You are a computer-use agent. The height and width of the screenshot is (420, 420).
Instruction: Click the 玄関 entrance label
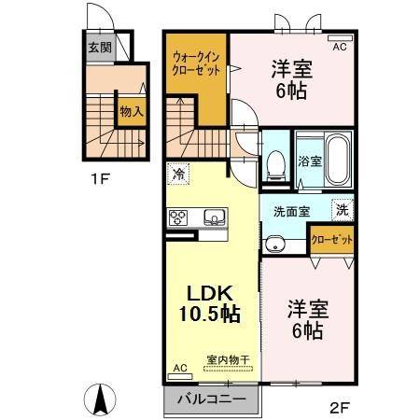(99, 46)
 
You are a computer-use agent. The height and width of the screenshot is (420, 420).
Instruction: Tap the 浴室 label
(310, 161)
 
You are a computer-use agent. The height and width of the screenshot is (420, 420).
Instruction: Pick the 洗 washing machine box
(343, 211)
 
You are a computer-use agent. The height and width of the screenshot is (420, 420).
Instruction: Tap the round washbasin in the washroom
(273, 245)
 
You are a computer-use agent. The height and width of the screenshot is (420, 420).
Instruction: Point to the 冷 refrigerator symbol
(178, 174)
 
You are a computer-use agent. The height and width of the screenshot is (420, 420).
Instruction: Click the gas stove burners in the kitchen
(178, 217)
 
